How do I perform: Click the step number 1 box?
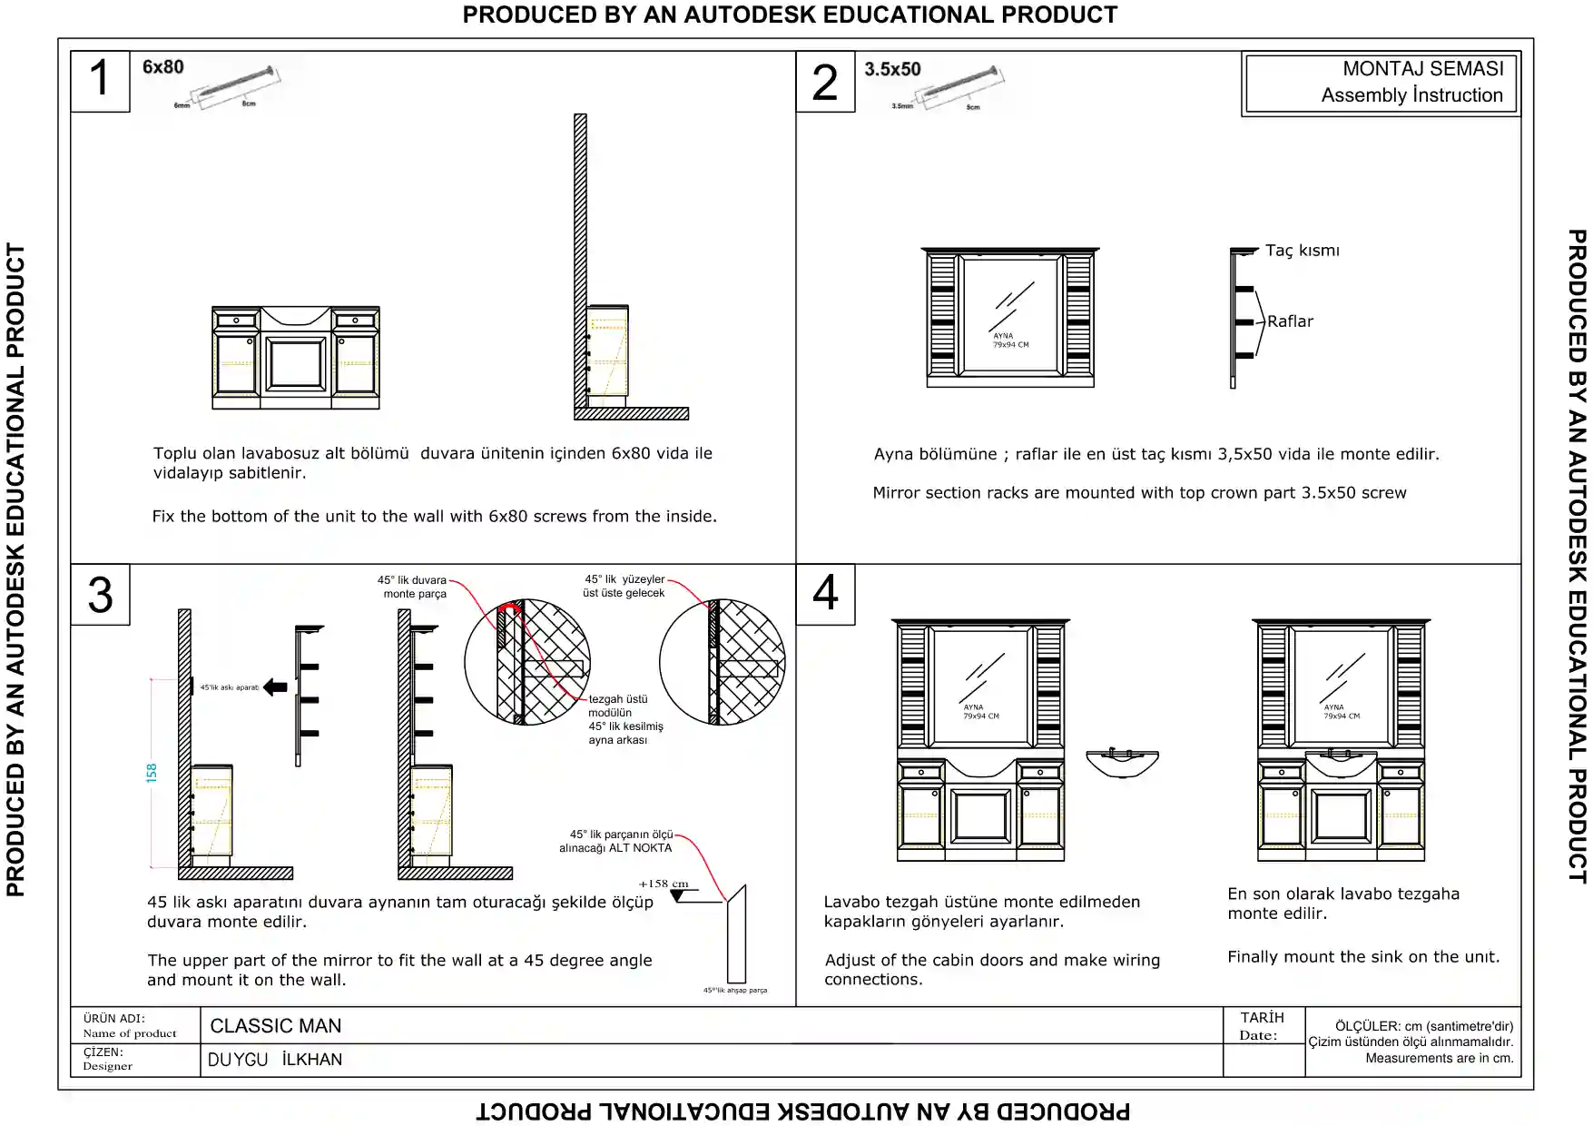(100, 80)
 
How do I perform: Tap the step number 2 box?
(824, 82)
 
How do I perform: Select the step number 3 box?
(100, 595)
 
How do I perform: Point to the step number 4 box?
(824, 593)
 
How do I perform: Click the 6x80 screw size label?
(163, 67)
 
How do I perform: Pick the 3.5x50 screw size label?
(892, 69)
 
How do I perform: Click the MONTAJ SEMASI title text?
(1422, 69)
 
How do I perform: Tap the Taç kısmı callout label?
(1302, 251)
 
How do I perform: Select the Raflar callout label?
(1290, 321)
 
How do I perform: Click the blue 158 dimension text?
(152, 773)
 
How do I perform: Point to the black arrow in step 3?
(275, 687)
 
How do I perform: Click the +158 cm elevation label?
(664, 884)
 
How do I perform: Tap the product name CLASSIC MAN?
(276, 1026)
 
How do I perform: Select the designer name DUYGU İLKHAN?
(275, 1060)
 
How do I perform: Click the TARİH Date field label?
(1262, 1026)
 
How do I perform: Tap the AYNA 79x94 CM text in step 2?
(1010, 341)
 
